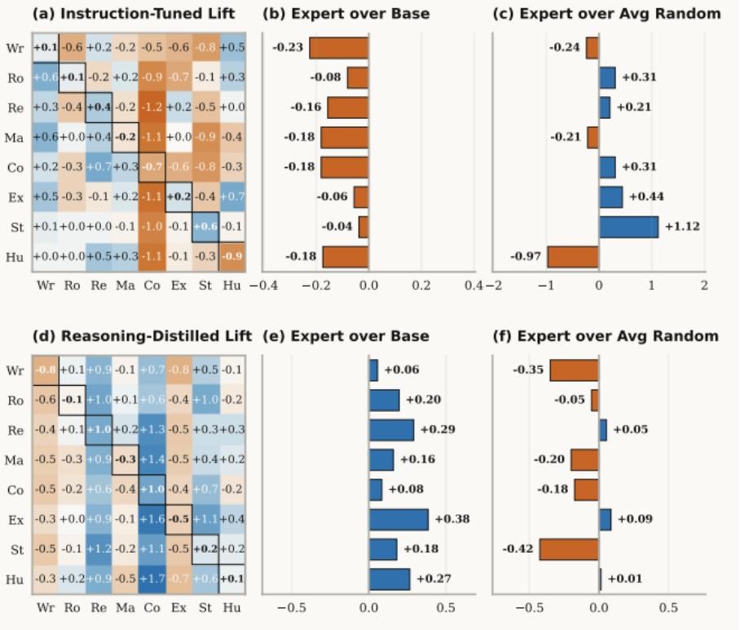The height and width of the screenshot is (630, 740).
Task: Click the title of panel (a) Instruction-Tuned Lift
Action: [x=134, y=14]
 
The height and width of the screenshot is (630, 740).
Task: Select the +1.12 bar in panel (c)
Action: [x=628, y=226]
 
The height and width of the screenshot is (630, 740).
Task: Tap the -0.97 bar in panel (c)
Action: [x=572, y=257]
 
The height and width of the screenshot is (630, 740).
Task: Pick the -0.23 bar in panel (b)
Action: [x=339, y=48]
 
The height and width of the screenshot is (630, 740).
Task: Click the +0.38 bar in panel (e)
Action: [x=399, y=519]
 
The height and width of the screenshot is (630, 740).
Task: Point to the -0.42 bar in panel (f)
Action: [x=569, y=549]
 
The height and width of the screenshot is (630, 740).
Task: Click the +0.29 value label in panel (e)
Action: [x=441, y=429]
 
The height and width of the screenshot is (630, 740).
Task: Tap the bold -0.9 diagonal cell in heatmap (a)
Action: [x=231, y=257]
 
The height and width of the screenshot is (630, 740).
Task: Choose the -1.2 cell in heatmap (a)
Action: [x=152, y=107]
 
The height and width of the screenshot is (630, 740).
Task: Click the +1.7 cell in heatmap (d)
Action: [x=152, y=579]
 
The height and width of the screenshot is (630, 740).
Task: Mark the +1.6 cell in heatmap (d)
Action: [x=152, y=519]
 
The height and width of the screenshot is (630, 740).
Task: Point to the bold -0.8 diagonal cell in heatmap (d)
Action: [x=46, y=370]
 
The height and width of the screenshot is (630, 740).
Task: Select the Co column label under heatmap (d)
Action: [x=152, y=607]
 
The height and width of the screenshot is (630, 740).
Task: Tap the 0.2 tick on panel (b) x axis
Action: [x=421, y=286]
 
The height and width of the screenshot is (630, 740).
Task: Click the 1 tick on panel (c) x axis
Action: [x=651, y=286]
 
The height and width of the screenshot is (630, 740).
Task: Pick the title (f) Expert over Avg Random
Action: [x=607, y=335]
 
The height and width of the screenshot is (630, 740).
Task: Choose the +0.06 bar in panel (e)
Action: [x=373, y=370]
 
